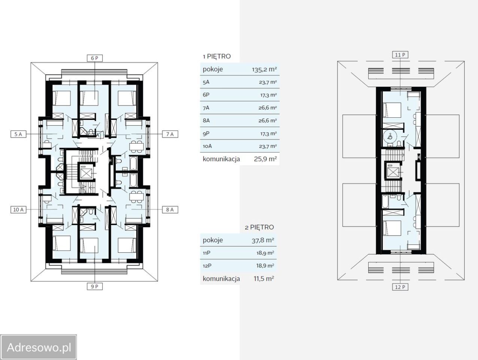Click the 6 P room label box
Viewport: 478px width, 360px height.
click(94, 58)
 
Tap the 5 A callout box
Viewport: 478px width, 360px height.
click(18, 134)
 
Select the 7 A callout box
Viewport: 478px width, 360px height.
click(170, 134)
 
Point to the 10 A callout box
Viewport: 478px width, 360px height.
click(18, 210)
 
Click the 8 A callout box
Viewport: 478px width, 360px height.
click(170, 210)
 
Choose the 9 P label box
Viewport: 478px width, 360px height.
click(94, 286)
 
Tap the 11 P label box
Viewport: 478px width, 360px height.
click(400, 55)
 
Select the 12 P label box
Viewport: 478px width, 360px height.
click(400, 287)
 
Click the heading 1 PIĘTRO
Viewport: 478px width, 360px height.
click(217, 57)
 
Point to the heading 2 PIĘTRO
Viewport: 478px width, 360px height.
click(259, 227)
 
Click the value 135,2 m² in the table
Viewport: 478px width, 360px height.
click(264, 69)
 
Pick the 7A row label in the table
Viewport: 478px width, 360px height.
click(206, 108)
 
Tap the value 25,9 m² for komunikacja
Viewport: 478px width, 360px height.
click(265, 159)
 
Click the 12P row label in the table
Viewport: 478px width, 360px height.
click(207, 266)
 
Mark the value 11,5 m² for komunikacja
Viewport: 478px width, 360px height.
click(264, 279)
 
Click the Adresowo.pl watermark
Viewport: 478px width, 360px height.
click(39, 347)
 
